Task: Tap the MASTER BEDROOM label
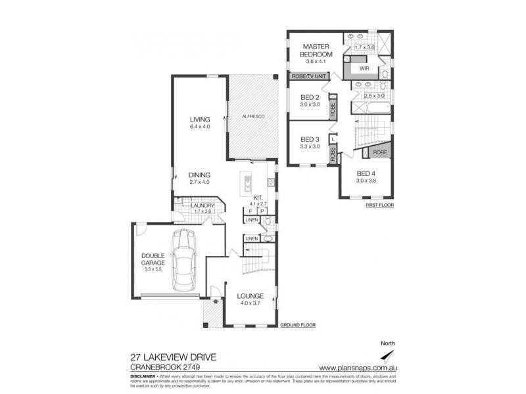tap(315, 51)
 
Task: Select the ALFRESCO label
tap(253, 116)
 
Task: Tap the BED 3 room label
tap(310, 139)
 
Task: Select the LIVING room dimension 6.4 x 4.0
tap(199, 127)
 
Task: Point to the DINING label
tap(199, 175)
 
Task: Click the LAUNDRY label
tap(202, 206)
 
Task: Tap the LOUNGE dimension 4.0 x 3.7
tap(251, 303)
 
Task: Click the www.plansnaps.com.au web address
tap(357, 367)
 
